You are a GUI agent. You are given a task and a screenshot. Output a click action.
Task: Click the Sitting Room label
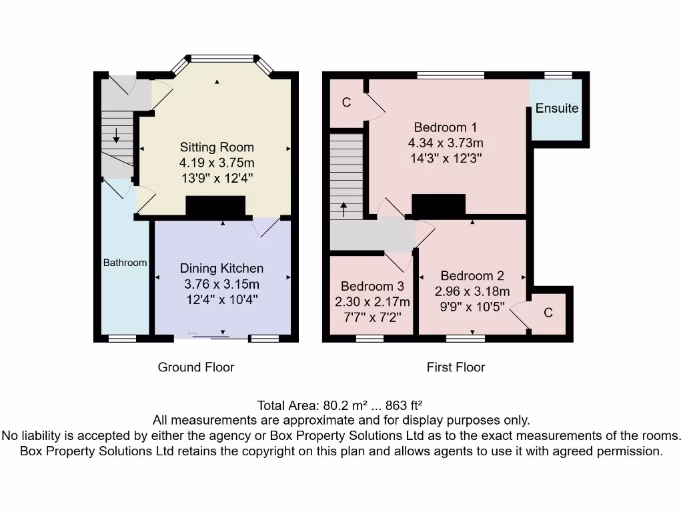click(217, 147)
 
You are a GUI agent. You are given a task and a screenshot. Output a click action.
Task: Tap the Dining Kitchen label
click(221, 268)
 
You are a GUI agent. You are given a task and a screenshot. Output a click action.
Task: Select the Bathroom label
click(125, 263)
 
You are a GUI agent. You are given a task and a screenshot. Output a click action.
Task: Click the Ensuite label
click(557, 108)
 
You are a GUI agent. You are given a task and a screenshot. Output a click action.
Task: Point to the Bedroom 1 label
click(446, 127)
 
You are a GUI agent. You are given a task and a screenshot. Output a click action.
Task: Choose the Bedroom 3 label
click(372, 286)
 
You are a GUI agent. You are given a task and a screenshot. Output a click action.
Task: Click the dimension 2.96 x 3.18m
click(472, 291)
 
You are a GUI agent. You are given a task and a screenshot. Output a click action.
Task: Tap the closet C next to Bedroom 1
click(346, 103)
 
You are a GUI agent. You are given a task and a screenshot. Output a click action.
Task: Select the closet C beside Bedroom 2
click(548, 313)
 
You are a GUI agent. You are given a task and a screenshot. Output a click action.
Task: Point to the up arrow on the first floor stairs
click(344, 209)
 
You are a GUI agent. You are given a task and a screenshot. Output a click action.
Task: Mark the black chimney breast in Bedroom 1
click(438, 205)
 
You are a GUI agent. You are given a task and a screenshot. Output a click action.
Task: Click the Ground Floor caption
click(195, 367)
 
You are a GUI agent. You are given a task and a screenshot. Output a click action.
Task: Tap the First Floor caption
click(456, 367)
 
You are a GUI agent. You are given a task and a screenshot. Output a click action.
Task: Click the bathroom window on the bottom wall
click(122, 339)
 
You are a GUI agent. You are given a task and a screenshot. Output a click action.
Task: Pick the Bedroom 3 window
click(370, 339)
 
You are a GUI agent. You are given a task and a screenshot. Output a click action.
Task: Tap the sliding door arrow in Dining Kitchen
click(193, 334)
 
